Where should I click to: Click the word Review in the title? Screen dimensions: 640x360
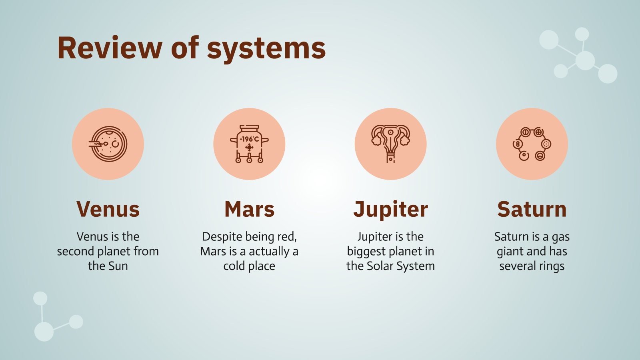click(x=110, y=48)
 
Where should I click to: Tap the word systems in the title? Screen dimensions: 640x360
click(x=266, y=50)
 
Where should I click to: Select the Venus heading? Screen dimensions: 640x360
click(x=108, y=209)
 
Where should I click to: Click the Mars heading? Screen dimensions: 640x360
click(x=250, y=209)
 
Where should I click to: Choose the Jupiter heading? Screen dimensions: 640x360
click(x=390, y=210)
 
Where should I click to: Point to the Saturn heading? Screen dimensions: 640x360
click(x=532, y=209)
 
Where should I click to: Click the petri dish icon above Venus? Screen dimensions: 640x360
click(x=108, y=144)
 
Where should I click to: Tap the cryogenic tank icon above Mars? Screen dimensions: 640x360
click(x=249, y=144)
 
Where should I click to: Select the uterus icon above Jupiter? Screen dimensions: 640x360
click(x=390, y=144)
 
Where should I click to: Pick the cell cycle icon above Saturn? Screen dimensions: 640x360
click(x=532, y=144)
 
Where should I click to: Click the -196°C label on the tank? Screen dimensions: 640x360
click(x=249, y=140)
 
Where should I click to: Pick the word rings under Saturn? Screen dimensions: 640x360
click(x=552, y=266)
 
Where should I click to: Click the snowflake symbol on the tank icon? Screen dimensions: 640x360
click(x=250, y=148)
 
